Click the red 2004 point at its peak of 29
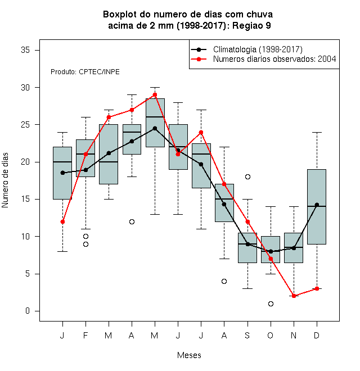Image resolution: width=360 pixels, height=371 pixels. coord(155,94)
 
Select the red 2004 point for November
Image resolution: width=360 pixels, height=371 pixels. coord(294,296)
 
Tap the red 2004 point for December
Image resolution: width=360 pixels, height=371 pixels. coord(317,288)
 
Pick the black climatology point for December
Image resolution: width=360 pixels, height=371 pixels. coord(317,205)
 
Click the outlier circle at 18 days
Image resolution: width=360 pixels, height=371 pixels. coord(247,177)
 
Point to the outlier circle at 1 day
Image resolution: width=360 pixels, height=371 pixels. coord(271,304)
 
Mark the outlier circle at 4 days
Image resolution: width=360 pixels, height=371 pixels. coord(224,281)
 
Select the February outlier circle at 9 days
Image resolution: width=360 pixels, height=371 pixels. coord(85,244)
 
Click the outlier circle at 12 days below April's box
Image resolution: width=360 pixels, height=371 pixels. coord(132,221)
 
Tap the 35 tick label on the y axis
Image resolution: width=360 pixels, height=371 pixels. coord(25,50)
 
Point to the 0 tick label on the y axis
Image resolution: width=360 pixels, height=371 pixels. coord(28,311)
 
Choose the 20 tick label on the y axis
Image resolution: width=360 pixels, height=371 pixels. coord(25,162)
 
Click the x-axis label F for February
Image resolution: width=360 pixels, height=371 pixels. coord(85,335)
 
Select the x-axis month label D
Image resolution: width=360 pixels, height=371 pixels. coord(317,335)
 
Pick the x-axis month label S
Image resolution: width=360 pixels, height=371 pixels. coord(247,335)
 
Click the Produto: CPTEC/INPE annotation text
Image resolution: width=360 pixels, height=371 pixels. coord(85,72)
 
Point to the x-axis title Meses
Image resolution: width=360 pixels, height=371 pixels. coord(189,355)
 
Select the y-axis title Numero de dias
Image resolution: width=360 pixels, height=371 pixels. coord(5,180)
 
